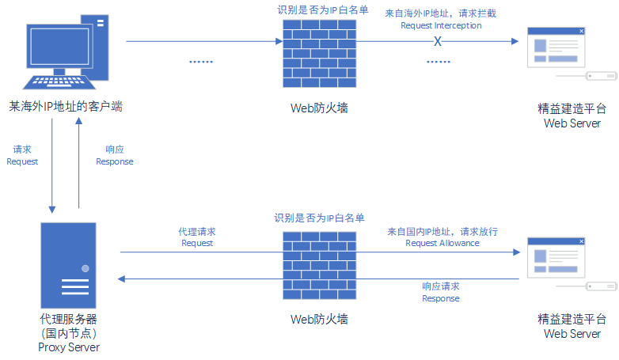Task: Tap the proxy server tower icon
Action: (x=70, y=266)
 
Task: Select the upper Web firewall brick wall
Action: (x=319, y=54)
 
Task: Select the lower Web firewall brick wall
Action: (x=319, y=266)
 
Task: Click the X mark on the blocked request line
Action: (x=437, y=41)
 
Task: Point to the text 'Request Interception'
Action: (x=441, y=25)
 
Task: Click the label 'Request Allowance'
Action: (x=442, y=244)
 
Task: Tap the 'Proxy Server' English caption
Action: (x=69, y=348)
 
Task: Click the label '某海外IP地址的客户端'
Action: (x=66, y=106)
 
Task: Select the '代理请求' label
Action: (x=197, y=232)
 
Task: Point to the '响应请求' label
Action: (x=441, y=286)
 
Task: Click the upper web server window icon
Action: (x=557, y=48)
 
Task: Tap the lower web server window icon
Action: (x=557, y=256)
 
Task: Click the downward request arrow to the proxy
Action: (x=52, y=167)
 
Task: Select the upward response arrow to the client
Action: (x=79, y=167)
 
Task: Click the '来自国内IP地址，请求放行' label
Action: (x=442, y=232)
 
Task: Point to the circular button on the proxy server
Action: (x=85, y=268)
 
